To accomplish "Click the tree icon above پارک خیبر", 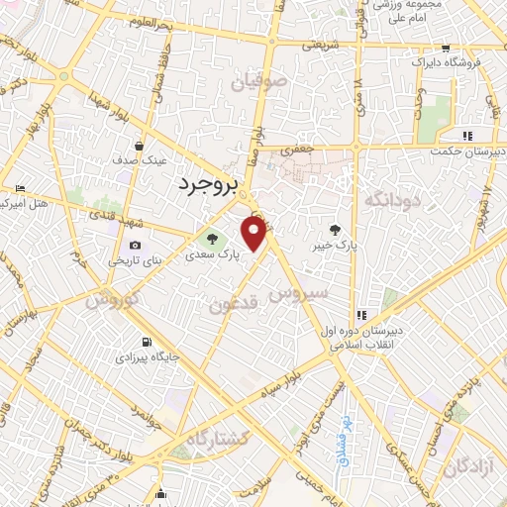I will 345,229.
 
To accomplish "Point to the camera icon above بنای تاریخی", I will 135,246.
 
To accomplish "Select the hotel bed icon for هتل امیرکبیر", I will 21,187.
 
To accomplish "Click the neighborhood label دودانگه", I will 392,201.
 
